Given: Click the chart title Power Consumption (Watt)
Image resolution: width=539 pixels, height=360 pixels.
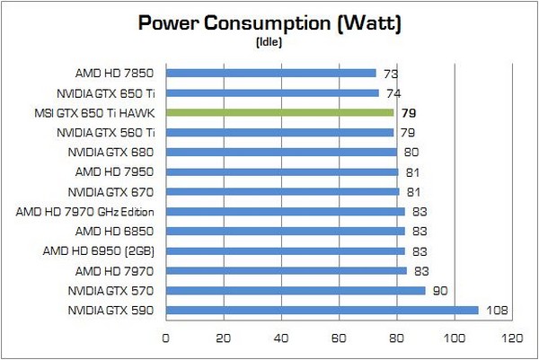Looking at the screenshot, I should [269, 24].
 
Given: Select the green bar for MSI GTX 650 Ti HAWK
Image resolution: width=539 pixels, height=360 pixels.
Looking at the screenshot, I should [280, 113].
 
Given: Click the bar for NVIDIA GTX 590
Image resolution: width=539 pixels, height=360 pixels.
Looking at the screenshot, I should [322, 311].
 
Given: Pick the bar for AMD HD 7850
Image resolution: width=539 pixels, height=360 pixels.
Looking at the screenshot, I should [271, 73].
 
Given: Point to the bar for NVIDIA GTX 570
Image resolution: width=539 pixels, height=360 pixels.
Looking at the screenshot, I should [296, 290].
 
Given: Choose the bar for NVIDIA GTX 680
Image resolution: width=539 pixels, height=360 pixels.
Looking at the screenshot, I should [281, 152].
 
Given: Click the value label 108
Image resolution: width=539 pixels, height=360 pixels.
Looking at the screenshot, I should [497, 311].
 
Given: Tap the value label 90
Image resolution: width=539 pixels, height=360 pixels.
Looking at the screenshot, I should [440, 291].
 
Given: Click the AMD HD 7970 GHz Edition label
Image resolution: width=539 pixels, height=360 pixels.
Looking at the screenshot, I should [86, 212].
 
